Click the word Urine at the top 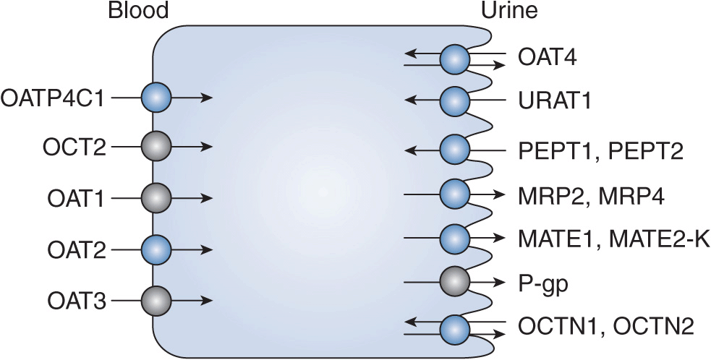(510, 11)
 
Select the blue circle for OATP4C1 (156, 98)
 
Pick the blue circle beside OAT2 (156, 250)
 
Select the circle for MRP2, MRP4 (455, 194)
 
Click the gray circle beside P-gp (455, 282)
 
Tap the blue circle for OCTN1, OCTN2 (455, 327)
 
